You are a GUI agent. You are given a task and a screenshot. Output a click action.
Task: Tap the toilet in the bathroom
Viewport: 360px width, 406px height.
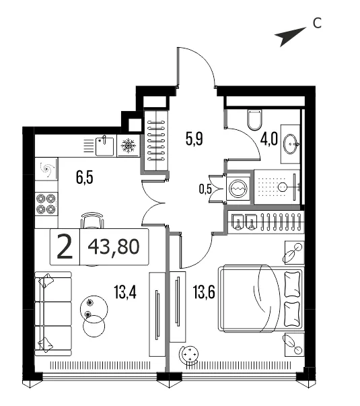[254, 119]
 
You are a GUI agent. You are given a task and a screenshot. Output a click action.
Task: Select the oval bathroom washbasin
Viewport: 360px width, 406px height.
[291, 143]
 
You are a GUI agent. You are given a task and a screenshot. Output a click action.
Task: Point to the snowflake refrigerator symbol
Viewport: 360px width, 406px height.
[128, 145]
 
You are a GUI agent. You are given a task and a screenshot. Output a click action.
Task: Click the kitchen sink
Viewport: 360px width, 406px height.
[104, 146]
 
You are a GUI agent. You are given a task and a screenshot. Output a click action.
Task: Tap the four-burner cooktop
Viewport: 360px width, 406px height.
[46, 204]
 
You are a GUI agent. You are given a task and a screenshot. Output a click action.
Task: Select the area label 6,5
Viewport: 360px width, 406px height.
[85, 178]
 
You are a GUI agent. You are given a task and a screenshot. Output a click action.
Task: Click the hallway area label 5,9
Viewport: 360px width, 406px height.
[194, 139]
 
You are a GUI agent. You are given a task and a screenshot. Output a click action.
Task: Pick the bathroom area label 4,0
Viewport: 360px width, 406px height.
[269, 139]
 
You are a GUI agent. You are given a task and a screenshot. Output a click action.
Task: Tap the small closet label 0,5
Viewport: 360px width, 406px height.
[205, 189]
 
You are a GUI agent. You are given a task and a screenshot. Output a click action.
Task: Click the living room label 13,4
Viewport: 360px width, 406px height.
[125, 292]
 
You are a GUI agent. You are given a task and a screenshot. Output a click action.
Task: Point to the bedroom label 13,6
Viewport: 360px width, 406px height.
[204, 292]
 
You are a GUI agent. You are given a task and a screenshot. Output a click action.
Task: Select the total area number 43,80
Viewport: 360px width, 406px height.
[114, 246]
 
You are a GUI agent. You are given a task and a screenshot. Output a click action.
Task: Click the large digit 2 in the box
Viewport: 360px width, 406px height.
[65, 246]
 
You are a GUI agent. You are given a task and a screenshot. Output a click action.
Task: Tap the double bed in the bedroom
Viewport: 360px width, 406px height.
[260, 298]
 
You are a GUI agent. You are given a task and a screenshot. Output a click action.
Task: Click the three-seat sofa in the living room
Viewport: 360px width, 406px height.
[52, 314]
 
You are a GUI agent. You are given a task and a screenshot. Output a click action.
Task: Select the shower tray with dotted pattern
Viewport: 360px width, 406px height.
[277, 187]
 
